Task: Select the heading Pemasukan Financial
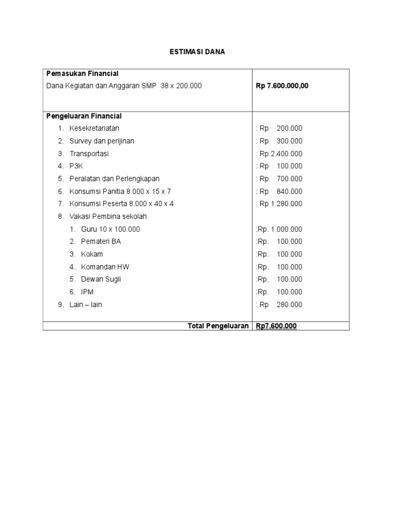coord(82,73)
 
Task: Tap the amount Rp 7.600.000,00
coord(282,86)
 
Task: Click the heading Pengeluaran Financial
coord(84,116)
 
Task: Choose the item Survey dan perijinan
coord(102,141)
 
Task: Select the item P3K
coord(76,166)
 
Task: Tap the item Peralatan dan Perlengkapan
coord(114,179)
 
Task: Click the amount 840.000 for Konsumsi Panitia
coord(289,192)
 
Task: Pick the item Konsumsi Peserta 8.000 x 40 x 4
coord(121,204)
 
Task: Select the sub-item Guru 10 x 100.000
coord(110,229)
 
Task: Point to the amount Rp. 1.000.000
coord(279,229)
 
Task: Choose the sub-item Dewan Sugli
coord(101,279)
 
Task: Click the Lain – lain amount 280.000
coord(289,305)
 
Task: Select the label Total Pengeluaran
coord(218,326)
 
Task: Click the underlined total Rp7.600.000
coord(276,326)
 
